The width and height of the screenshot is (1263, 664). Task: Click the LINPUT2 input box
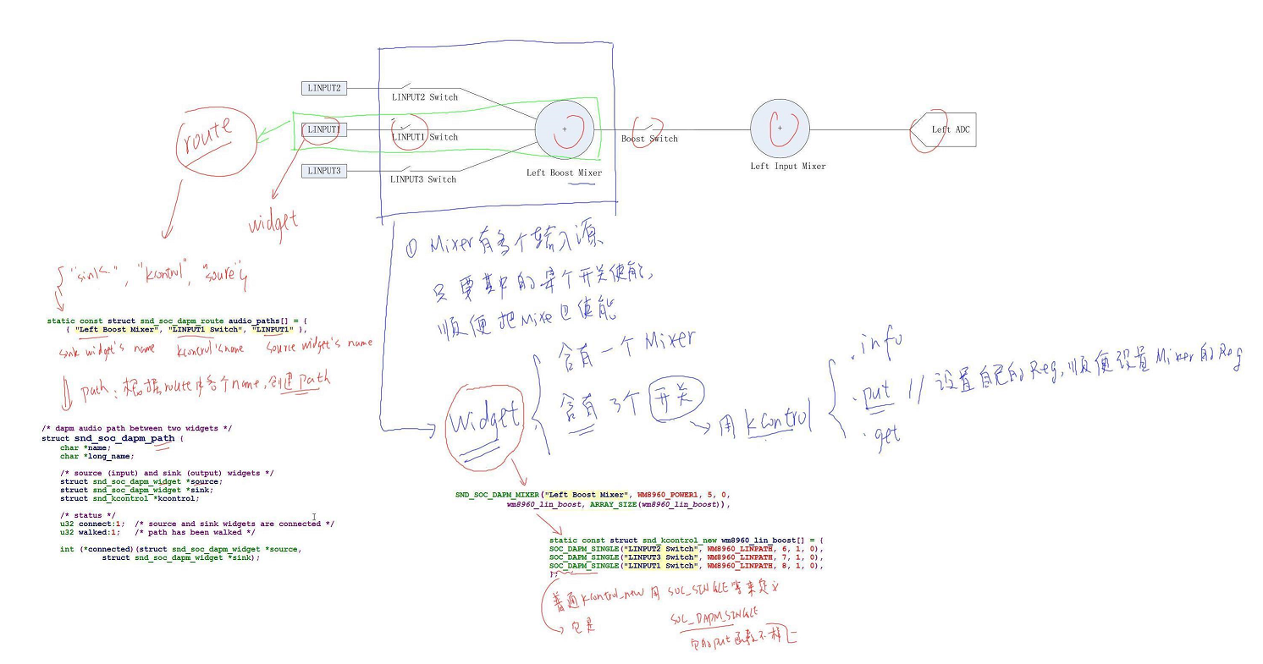(x=323, y=88)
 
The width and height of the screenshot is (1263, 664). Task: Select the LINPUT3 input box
(x=323, y=171)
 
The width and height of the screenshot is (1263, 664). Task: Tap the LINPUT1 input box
(x=323, y=129)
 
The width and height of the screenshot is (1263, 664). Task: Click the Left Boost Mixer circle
(x=565, y=129)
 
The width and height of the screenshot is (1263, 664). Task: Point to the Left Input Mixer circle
(x=780, y=129)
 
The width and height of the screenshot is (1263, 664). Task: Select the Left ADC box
(x=946, y=129)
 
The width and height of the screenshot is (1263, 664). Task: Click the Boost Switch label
(x=649, y=139)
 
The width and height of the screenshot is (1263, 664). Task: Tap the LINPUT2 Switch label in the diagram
(x=424, y=97)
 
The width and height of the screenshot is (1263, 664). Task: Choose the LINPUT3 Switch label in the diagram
(x=423, y=179)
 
